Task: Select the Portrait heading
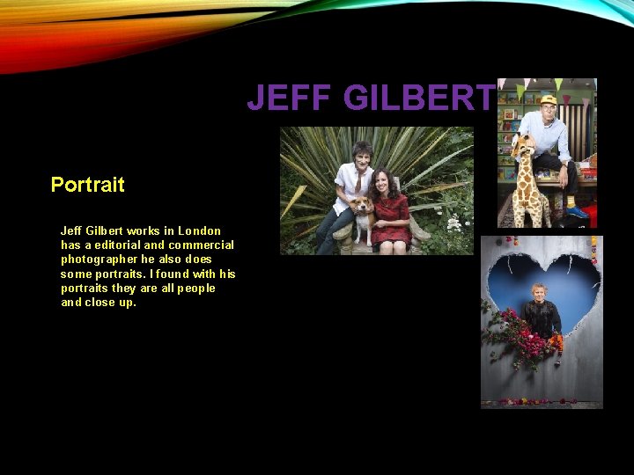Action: point(87,185)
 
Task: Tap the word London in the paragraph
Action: point(199,230)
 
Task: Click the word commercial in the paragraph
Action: point(203,245)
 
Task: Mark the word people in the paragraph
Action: point(195,288)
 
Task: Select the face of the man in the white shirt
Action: point(361,153)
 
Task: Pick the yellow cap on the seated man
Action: point(549,99)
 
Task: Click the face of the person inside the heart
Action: point(538,292)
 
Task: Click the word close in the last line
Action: point(100,302)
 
